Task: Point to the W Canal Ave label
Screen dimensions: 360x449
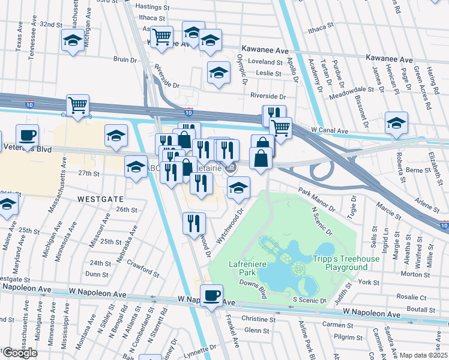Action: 330,130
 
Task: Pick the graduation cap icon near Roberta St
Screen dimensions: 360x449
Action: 396,124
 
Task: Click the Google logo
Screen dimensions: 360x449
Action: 19,353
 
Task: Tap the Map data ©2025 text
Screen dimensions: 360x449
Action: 424,355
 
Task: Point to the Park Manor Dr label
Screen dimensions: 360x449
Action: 316,200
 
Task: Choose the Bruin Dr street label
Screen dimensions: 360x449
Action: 125,59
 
